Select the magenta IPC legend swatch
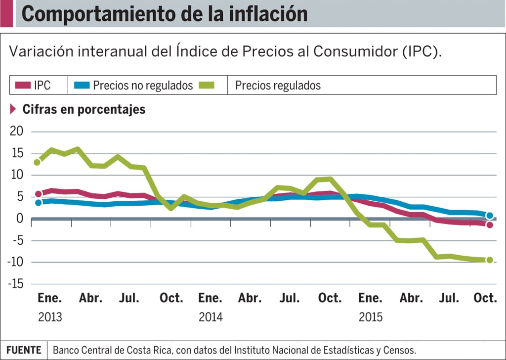tap(23, 85)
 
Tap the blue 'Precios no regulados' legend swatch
tap(82, 85)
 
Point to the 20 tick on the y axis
tap(17, 132)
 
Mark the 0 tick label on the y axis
tap(20, 219)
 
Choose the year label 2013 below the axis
tap(50, 317)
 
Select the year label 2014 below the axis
tap(211, 317)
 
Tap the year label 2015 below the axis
tap(371, 317)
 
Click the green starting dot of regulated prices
tap(37, 162)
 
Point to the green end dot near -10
tap(490, 260)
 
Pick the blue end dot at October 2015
tap(490, 216)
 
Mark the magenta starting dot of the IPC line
tap(39, 194)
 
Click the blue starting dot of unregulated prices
tap(39, 202)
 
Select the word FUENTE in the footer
tap(24, 350)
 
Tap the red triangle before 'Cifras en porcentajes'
tap(13, 109)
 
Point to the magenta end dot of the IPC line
tap(490, 225)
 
